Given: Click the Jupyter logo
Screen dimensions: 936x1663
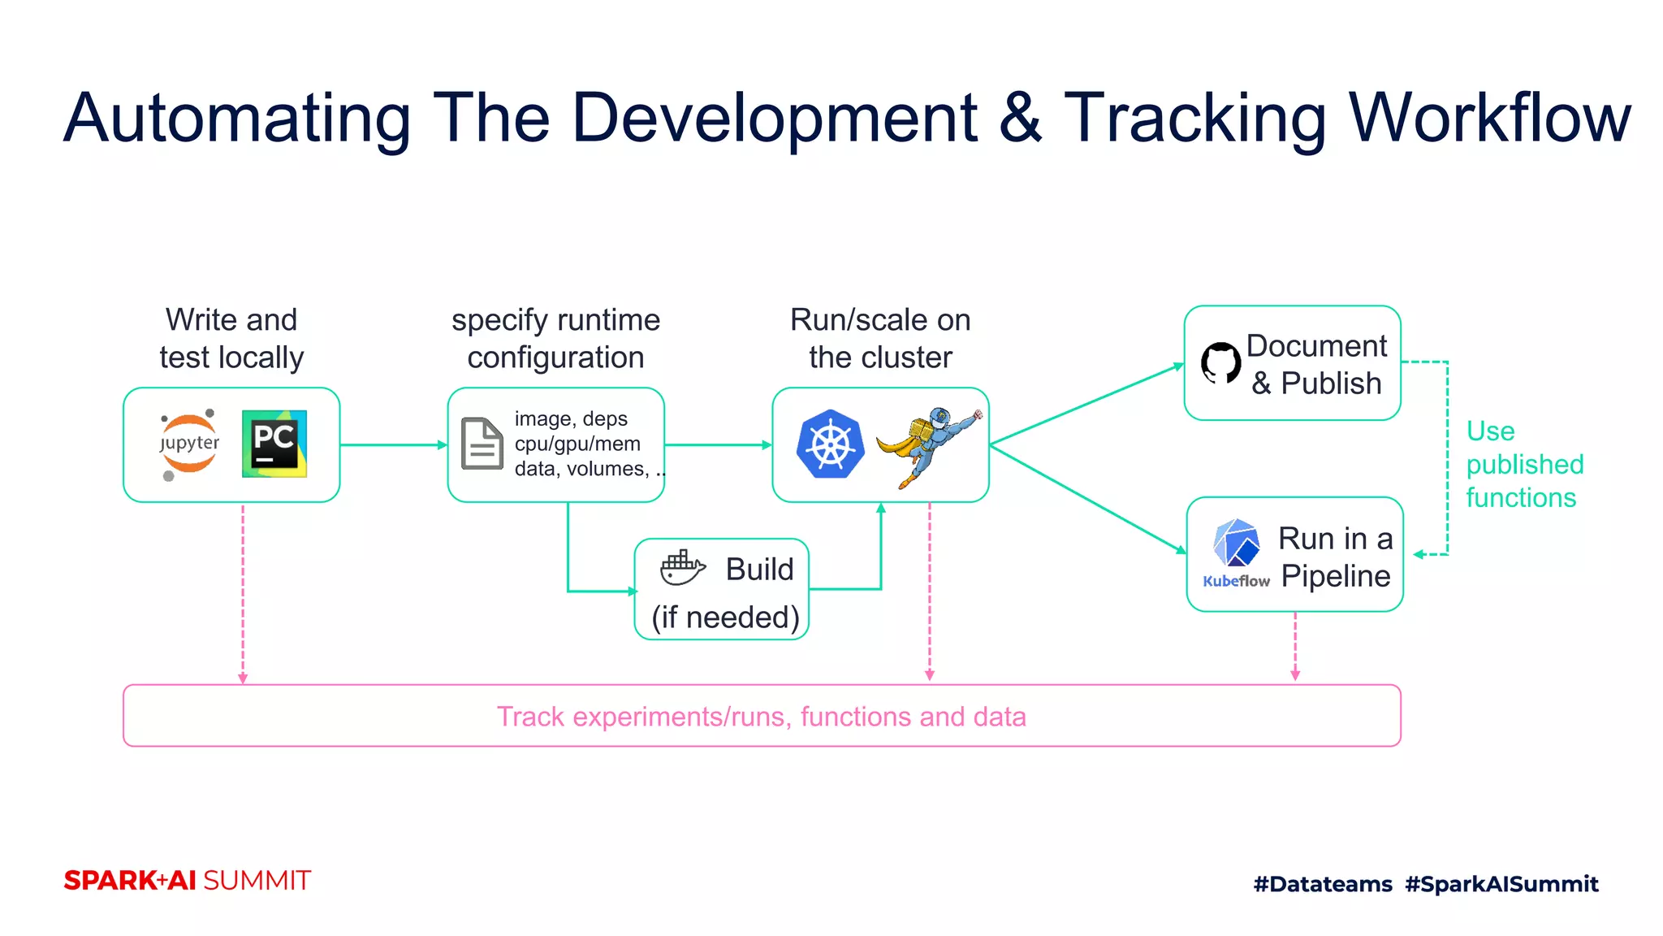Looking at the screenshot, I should (189, 444).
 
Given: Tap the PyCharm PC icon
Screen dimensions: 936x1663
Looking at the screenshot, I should (274, 444).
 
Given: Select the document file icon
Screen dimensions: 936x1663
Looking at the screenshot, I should (482, 444).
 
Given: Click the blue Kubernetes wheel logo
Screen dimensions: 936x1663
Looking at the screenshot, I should (830, 444).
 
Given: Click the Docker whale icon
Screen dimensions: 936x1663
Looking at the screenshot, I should (682, 568).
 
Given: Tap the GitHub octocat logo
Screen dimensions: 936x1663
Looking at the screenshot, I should (1220, 362).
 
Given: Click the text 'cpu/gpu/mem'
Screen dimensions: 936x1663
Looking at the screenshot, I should (577, 444).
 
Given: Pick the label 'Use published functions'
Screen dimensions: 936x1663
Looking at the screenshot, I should (1523, 464).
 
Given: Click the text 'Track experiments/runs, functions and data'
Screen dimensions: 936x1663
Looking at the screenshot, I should (761, 717).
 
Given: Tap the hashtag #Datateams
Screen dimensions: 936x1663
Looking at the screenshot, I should (1322, 884).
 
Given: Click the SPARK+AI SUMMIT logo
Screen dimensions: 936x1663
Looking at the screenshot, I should (187, 881).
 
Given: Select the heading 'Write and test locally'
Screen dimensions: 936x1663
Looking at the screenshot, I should (231, 338).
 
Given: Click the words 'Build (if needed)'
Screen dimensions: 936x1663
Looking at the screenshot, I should (726, 593).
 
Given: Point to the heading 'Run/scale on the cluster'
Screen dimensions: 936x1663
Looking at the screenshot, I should (880, 338).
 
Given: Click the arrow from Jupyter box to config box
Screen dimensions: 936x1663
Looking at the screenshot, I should (393, 444).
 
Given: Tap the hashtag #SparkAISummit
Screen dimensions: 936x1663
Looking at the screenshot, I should (1501, 884).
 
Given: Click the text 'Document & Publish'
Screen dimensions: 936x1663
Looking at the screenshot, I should (1315, 364).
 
